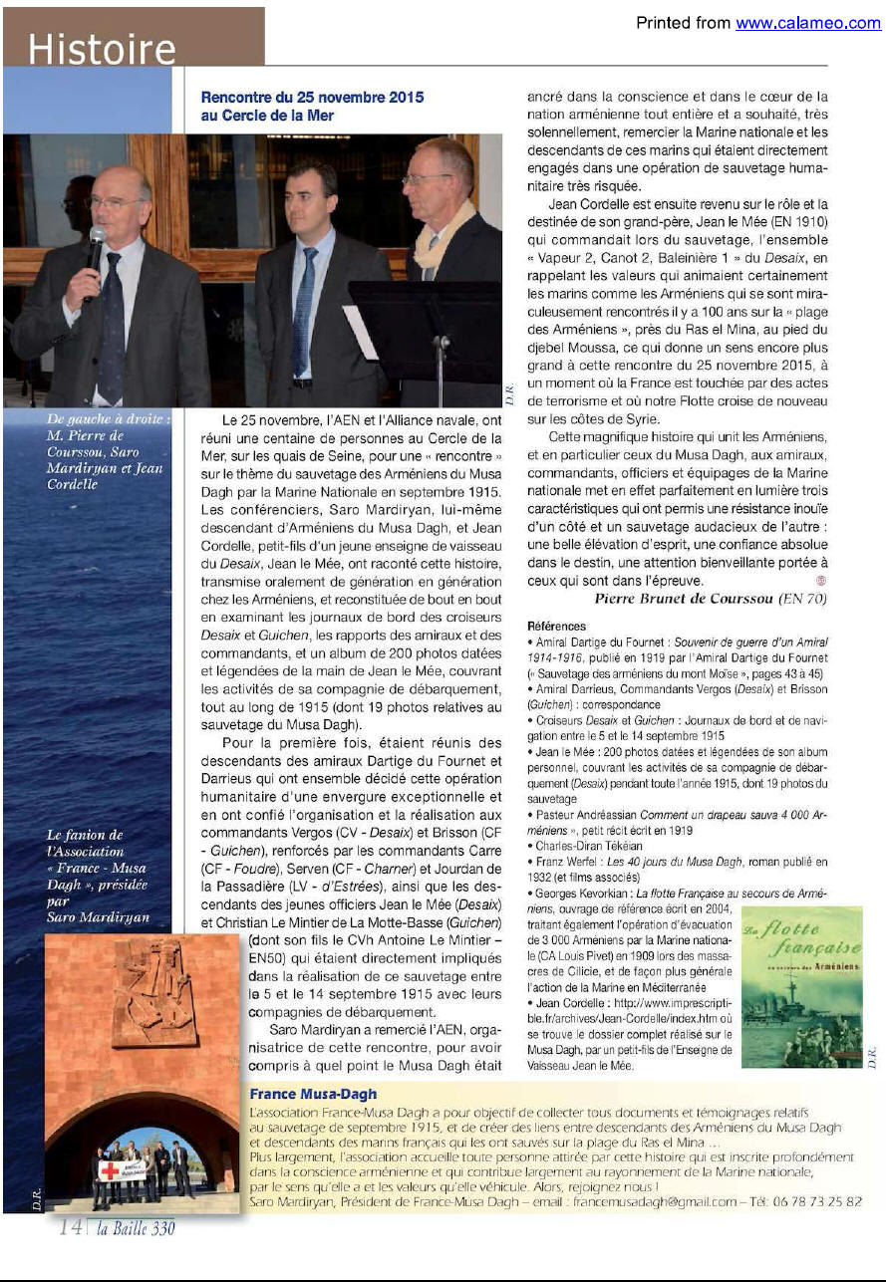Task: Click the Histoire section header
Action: pos(102,48)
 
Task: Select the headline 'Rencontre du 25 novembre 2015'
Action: pos(312,97)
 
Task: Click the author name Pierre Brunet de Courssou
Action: pos(710,598)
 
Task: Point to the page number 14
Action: pos(70,1227)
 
